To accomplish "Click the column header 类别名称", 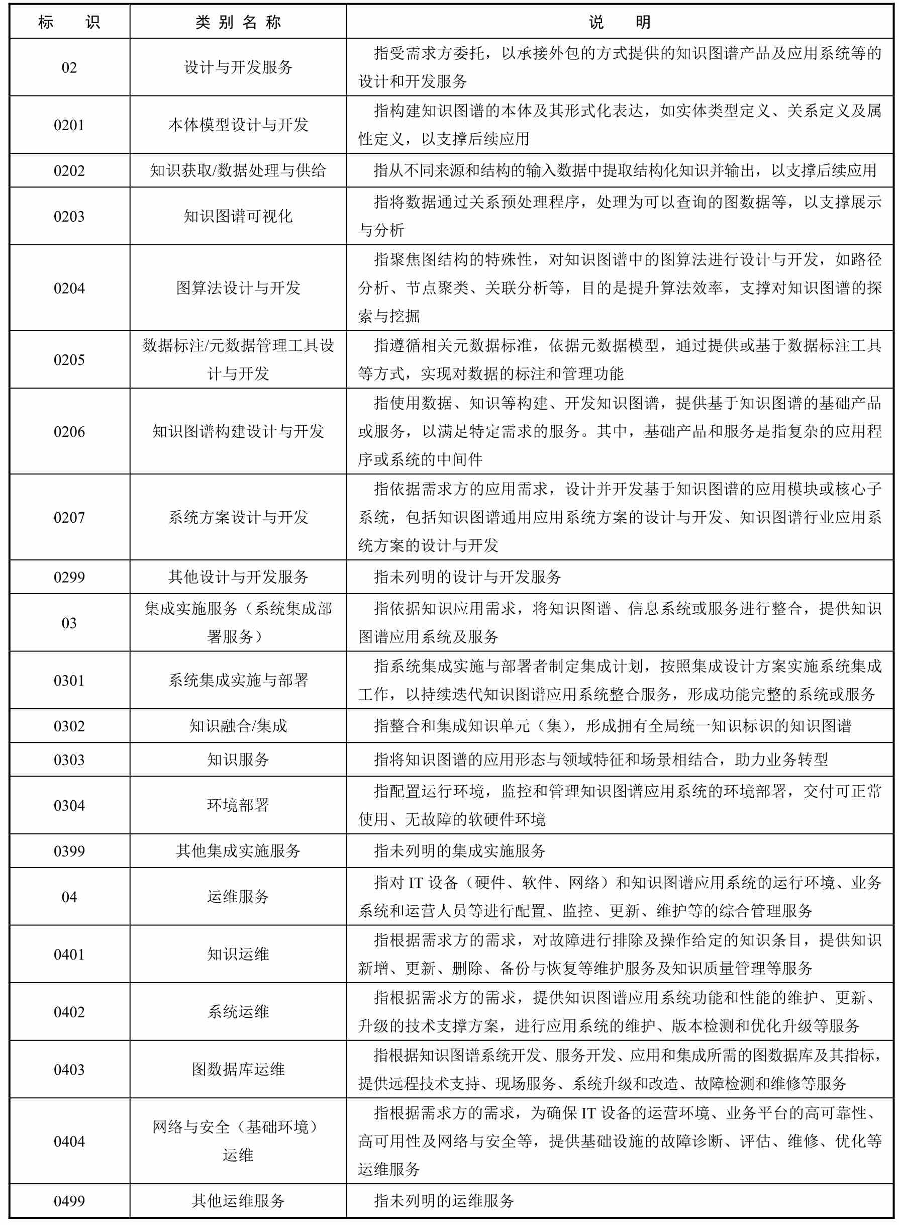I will click(x=238, y=22).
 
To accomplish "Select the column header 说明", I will click(x=619, y=22).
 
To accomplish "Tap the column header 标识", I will click(x=69, y=22).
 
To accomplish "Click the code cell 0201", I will click(x=69, y=125).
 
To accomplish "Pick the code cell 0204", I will click(x=69, y=288).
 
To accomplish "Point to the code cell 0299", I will click(x=69, y=577).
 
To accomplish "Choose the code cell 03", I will click(x=69, y=623).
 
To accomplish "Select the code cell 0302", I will click(x=69, y=726).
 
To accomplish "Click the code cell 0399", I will click(x=69, y=851).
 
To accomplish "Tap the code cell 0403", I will click(x=69, y=1070).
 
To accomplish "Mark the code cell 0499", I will click(x=69, y=1201).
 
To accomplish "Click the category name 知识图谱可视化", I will click(x=238, y=217).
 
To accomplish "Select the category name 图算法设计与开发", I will click(x=238, y=288).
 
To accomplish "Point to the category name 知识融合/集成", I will click(x=238, y=726).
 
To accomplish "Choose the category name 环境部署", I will click(x=238, y=805).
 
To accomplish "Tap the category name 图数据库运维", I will click(x=238, y=1070).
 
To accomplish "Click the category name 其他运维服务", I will click(x=238, y=1201).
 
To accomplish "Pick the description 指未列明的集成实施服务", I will click(x=459, y=851).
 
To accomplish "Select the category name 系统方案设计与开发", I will click(x=238, y=517).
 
